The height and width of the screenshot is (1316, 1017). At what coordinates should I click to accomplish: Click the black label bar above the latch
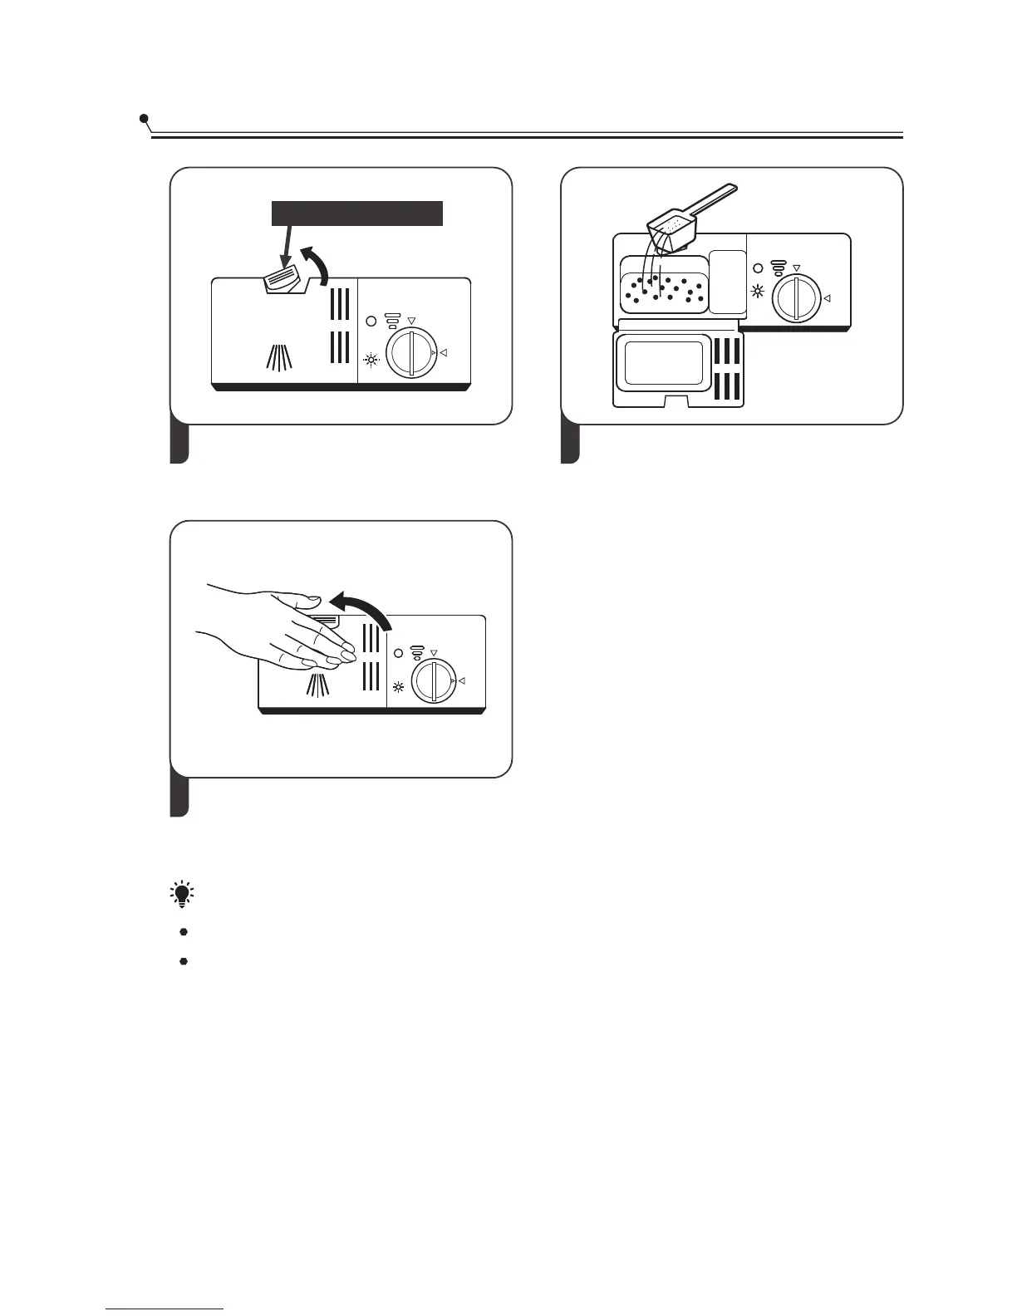point(357,213)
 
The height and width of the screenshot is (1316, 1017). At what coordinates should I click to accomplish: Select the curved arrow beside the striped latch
point(317,264)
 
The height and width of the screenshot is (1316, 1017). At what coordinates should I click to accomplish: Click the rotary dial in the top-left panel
point(410,352)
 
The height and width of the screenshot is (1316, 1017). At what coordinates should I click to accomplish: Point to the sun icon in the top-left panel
point(371,360)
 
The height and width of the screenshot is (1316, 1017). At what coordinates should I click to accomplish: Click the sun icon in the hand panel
point(399,687)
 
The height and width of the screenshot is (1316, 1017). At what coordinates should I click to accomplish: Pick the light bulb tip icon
point(181,894)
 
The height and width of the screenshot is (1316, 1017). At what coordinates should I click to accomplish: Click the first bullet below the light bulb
point(184,931)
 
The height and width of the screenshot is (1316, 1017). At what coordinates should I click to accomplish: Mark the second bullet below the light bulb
point(184,960)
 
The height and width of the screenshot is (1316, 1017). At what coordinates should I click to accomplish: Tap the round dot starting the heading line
point(145,119)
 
